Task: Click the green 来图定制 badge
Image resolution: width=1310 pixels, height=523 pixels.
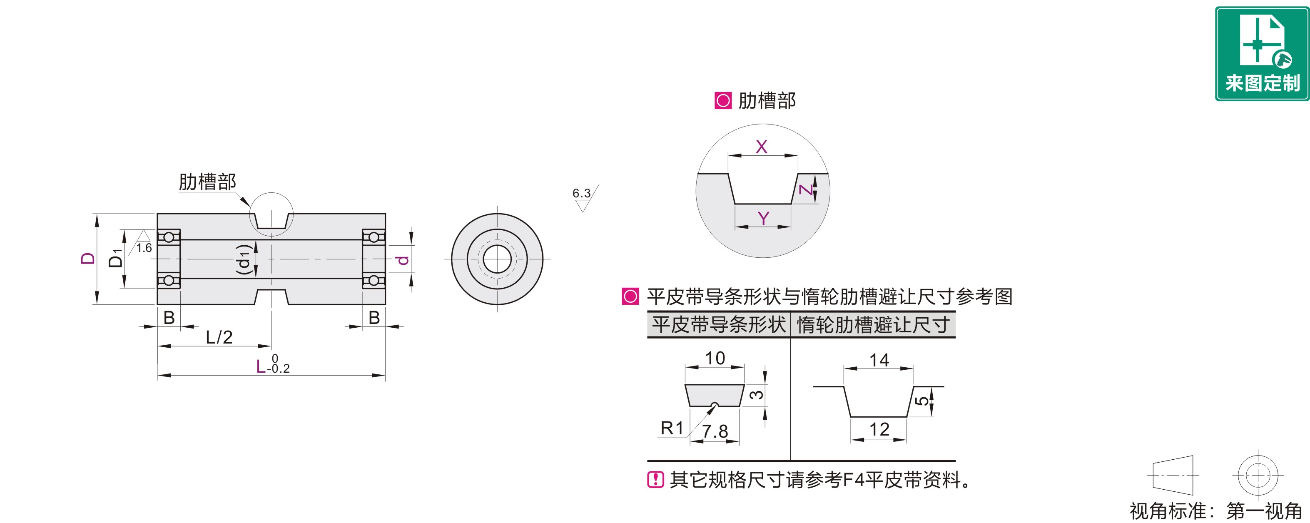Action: click(x=1262, y=53)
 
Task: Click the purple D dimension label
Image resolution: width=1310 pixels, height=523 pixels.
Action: click(x=88, y=259)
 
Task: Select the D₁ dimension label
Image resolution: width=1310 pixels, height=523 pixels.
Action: click(x=116, y=259)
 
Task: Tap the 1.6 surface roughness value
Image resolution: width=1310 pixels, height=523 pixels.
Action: click(x=144, y=248)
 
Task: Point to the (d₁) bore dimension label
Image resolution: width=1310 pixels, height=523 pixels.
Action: click(x=244, y=259)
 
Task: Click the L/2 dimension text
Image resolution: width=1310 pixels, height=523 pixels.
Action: click(x=219, y=337)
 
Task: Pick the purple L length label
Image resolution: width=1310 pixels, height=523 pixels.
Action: click(x=261, y=367)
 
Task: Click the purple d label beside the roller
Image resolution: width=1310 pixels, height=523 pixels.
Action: click(x=403, y=259)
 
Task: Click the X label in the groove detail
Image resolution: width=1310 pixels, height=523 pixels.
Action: click(x=761, y=147)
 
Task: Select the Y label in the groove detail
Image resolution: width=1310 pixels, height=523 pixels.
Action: click(x=763, y=218)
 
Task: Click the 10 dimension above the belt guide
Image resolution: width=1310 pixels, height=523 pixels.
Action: click(x=715, y=358)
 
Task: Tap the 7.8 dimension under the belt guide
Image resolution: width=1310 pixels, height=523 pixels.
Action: click(x=715, y=431)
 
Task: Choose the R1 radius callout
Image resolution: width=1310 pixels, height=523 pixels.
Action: click(x=672, y=428)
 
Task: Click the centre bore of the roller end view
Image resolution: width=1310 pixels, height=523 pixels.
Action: click(x=497, y=259)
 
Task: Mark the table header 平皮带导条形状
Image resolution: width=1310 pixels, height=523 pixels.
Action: click(x=719, y=325)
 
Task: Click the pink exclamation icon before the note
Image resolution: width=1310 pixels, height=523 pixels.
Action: click(x=655, y=480)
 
